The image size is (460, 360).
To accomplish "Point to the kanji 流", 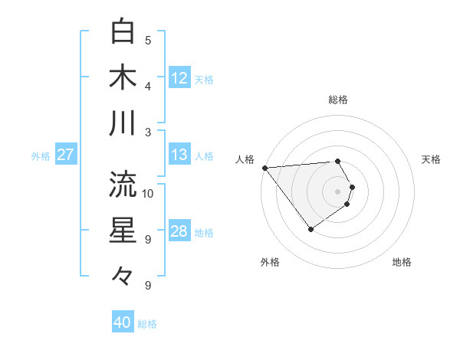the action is click(123, 184).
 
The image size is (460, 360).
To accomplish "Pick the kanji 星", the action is click(123, 231).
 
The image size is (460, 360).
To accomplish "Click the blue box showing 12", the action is click(179, 77).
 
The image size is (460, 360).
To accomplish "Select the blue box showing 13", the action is click(179, 155).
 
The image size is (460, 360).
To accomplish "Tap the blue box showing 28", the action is click(179, 231).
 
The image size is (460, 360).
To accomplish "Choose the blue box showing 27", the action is click(65, 155).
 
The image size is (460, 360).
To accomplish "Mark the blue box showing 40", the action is click(123, 322).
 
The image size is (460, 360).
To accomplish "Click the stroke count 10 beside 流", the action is click(148, 193).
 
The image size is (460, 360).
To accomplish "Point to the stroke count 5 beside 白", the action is click(148, 40).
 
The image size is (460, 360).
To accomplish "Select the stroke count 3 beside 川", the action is click(148, 132).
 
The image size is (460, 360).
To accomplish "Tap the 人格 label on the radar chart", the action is click(245, 159).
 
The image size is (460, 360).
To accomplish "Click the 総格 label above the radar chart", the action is click(338, 100).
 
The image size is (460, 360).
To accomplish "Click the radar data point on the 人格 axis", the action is click(264, 167).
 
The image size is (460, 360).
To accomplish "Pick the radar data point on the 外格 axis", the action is click(310, 229).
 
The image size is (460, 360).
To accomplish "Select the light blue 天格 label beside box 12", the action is click(204, 79).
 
